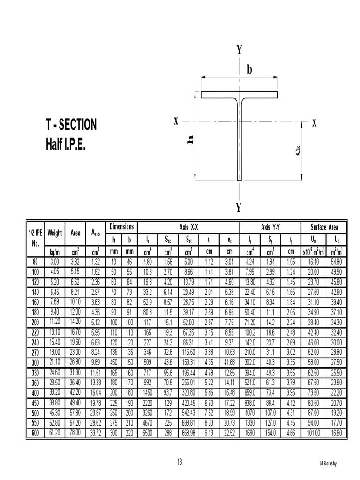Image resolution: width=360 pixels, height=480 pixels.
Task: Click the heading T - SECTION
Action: tap(71, 125)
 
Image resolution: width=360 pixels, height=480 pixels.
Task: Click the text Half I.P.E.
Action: tap(65, 142)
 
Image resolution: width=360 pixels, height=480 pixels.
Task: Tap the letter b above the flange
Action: tap(249, 70)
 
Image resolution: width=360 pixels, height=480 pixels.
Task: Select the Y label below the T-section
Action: tap(239, 208)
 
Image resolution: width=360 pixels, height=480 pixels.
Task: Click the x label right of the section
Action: tap(314, 123)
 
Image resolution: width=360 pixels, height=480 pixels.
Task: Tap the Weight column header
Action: tap(55, 233)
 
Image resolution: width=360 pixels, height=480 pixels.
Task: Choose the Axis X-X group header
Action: tap(188, 227)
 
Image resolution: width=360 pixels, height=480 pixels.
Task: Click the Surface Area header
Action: tap(324, 227)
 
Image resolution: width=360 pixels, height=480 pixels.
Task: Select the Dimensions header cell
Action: tap(121, 227)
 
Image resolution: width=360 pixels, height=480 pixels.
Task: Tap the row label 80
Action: tap(35, 261)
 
